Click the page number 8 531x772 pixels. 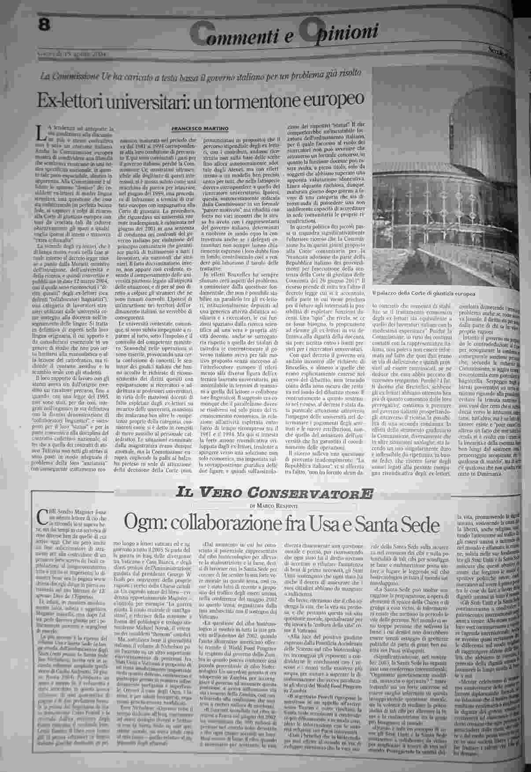(44, 26)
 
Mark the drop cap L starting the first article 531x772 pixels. (41, 131)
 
